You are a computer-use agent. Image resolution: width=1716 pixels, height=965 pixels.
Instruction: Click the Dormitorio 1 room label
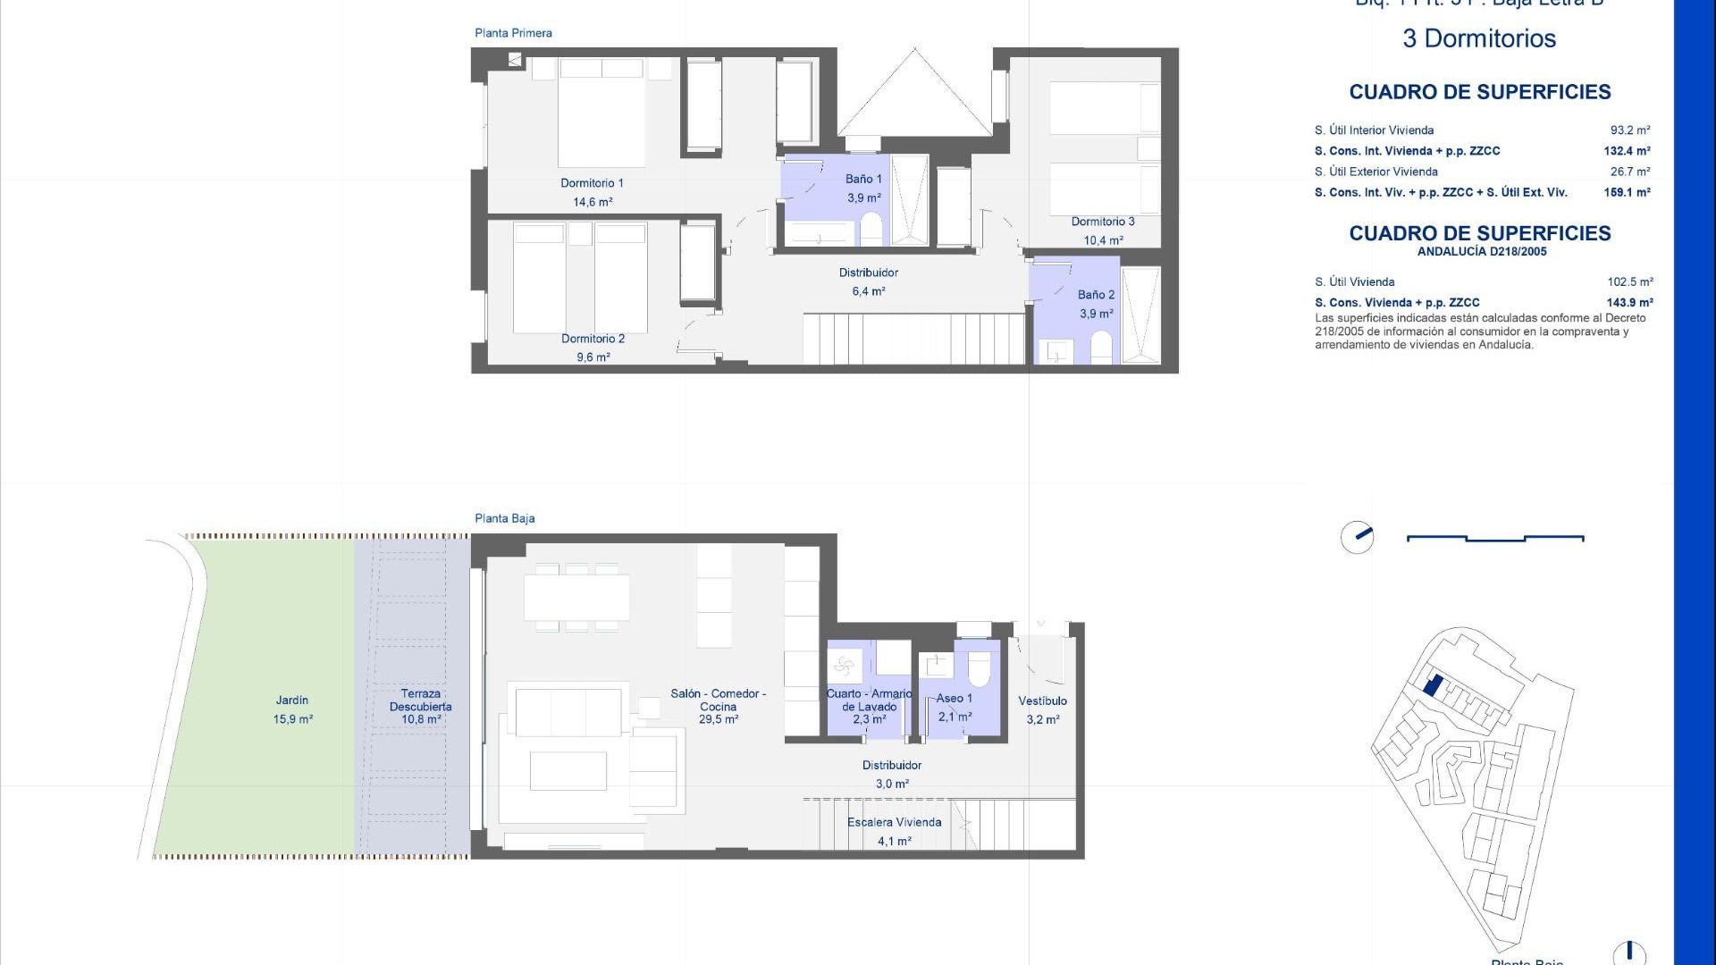tap(592, 183)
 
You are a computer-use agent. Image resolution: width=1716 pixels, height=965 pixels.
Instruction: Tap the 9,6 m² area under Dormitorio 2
tap(593, 357)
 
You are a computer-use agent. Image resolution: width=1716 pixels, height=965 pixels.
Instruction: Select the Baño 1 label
tap(863, 180)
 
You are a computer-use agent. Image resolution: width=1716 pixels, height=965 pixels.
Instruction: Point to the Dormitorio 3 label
tap(1103, 222)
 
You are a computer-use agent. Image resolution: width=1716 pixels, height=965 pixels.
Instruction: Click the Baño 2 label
tap(1096, 295)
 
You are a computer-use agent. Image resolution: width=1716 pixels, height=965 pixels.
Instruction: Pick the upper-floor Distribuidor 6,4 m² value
tap(868, 291)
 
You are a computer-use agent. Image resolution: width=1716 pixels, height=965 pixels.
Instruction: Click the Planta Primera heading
tap(513, 33)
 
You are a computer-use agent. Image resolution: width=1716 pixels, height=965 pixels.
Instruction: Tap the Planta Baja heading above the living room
tap(504, 518)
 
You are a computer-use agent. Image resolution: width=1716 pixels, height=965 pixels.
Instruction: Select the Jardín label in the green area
tap(292, 701)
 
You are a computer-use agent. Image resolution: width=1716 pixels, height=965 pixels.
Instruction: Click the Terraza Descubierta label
tap(420, 700)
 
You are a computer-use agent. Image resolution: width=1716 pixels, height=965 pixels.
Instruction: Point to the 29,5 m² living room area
tap(718, 719)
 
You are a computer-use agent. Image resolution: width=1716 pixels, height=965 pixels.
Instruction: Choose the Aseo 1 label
tap(954, 699)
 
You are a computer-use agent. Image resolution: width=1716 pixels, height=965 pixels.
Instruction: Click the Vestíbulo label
tap(1042, 701)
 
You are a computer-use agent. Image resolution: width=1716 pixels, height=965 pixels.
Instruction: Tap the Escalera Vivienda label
tap(894, 822)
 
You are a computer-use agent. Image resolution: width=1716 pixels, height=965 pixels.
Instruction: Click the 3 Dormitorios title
tap(1479, 38)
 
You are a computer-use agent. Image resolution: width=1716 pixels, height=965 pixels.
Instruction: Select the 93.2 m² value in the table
tap(1630, 130)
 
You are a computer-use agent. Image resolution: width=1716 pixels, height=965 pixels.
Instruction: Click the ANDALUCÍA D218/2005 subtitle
tap(1481, 252)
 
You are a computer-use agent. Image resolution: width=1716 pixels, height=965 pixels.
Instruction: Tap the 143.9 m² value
tap(1629, 303)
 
